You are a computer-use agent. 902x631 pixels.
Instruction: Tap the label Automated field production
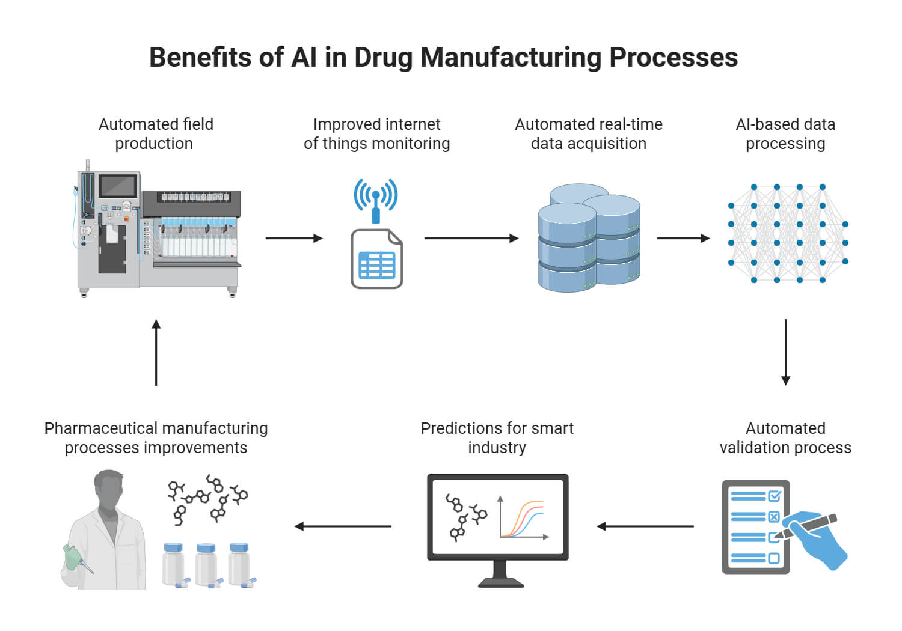pyautogui.click(x=156, y=133)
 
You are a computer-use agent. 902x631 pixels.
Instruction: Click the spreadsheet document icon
pyautogui.click(x=377, y=260)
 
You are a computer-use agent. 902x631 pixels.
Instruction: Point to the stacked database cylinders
pyautogui.click(x=588, y=239)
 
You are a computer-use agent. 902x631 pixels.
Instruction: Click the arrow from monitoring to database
pyautogui.click(x=471, y=239)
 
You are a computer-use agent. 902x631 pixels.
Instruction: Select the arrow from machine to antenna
pyautogui.click(x=294, y=239)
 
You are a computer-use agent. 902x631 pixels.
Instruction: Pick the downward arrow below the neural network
pyautogui.click(x=785, y=352)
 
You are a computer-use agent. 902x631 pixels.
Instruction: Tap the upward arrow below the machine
pyautogui.click(x=156, y=352)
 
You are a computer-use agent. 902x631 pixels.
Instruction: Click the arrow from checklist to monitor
pyautogui.click(x=645, y=526)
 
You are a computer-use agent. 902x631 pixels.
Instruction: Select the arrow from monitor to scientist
pyautogui.click(x=343, y=526)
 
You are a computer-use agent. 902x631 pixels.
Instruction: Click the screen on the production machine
pyautogui.click(x=118, y=186)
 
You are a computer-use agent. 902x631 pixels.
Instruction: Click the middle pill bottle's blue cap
pyautogui.click(x=206, y=548)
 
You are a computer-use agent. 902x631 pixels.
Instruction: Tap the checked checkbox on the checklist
pyautogui.click(x=775, y=496)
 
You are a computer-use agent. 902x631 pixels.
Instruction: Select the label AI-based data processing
pyautogui.click(x=785, y=133)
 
